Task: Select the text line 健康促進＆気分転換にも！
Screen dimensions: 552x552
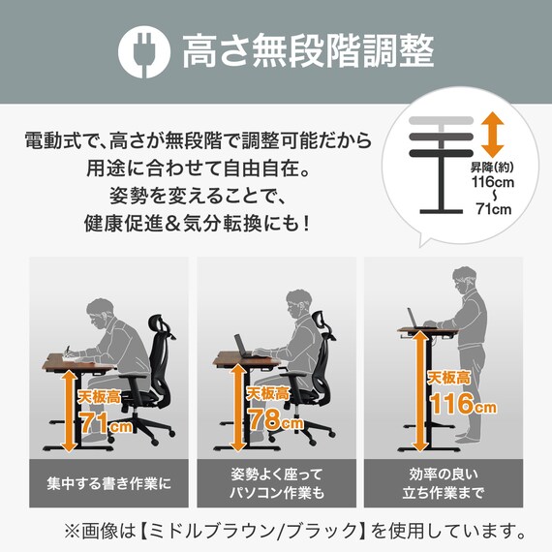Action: coord(199,223)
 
